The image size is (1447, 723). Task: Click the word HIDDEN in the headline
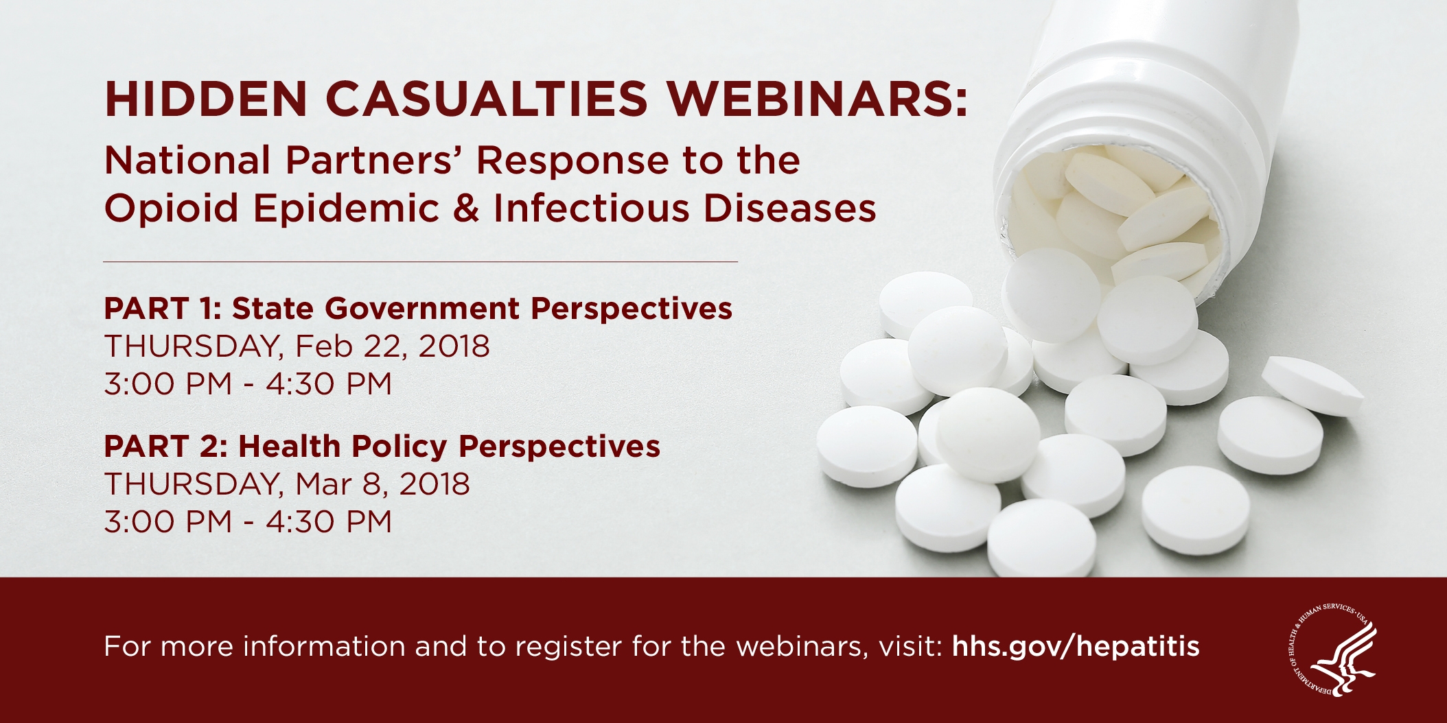tap(206, 99)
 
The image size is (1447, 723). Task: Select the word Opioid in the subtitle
tap(172, 209)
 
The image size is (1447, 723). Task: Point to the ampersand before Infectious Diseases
tap(466, 209)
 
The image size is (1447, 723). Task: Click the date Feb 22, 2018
tap(393, 346)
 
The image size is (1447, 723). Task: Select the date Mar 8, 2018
tap(383, 484)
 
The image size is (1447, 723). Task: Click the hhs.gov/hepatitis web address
tap(1076, 646)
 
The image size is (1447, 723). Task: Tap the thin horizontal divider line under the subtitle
tap(421, 261)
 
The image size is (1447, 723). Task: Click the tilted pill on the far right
tap(1312, 386)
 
